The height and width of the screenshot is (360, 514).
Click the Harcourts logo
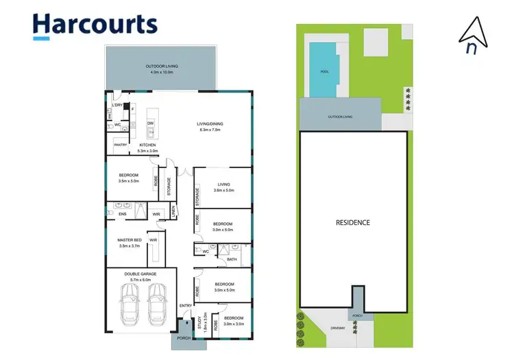(x=95, y=25)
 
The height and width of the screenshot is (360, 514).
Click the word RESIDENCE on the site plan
(x=353, y=222)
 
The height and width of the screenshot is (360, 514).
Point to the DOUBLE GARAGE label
(x=140, y=274)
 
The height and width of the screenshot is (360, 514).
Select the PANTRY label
(x=121, y=145)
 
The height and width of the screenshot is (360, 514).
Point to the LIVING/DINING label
(x=211, y=124)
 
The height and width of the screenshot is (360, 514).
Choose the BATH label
(x=232, y=259)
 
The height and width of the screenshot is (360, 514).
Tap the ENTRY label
(x=185, y=305)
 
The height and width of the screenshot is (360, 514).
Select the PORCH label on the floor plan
(x=183, y=338)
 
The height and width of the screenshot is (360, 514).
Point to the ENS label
(x=122, y=215)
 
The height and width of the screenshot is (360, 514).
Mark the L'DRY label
(x=118, y=106)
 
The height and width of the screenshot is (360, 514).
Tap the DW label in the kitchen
(x=150, y=123)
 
